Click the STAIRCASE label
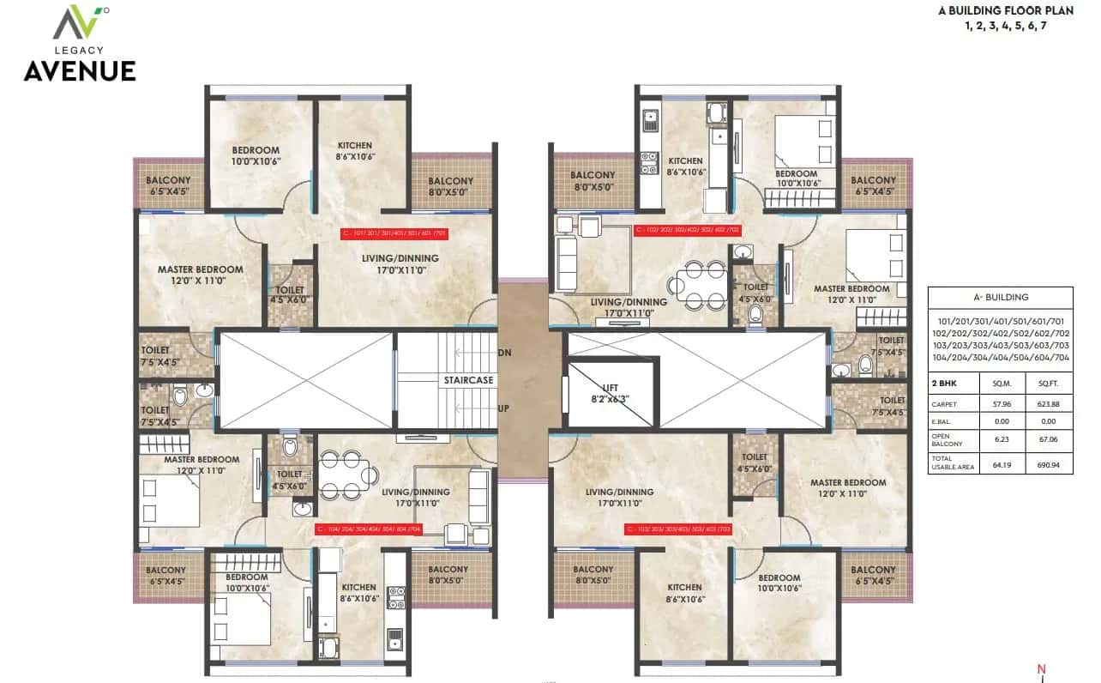(x=468, y=379)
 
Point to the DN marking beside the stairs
(x=504, y=353)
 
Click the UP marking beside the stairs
(x=504, y=408)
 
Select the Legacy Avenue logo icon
(x=80, y=23)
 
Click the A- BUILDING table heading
(x=1000, y=298)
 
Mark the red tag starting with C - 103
(x=677, y=529)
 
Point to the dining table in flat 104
(x=347, y=474)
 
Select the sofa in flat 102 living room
(x=567, y=263)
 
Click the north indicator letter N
(x=1041, y=669)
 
